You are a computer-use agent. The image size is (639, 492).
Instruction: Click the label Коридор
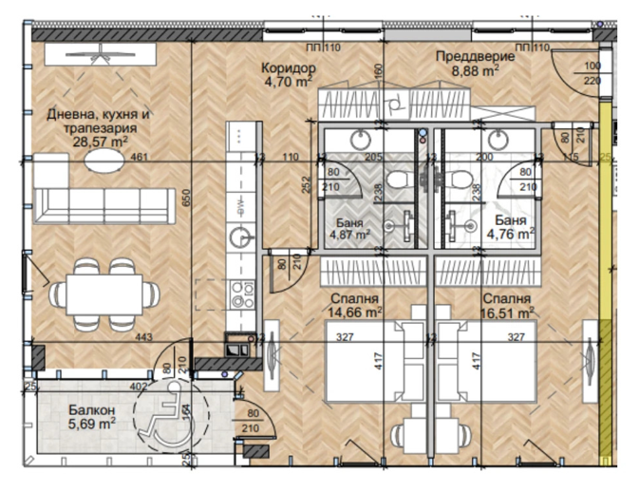tap(286, 67)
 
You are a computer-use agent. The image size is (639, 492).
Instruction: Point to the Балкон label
tap(92, 409)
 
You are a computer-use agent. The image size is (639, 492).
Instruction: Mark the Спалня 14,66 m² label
tap(355, 303)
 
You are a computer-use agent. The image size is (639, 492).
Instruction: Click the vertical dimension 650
tap(188, 196)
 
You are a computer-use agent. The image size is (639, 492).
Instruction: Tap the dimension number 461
tap(140, 156)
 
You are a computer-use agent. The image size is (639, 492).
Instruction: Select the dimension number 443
tap(143, 337)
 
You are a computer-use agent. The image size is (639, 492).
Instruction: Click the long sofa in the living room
tap(100, 204)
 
